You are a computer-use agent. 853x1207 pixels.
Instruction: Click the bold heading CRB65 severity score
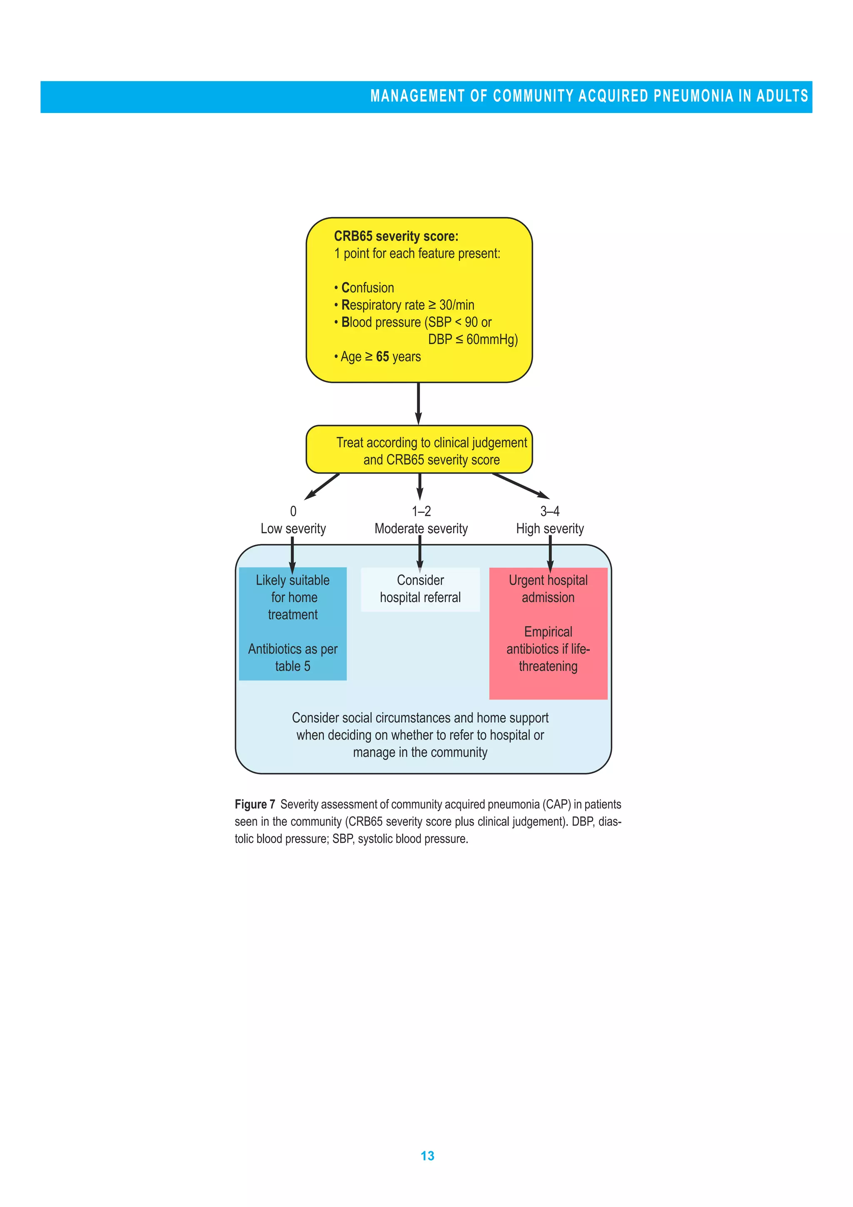coord(396,237)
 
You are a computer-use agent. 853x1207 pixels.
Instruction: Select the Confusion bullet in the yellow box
coord(367,287)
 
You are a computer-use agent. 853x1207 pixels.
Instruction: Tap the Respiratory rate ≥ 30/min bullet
coord(407,305)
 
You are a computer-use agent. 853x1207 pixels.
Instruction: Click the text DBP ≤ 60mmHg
coord(472,340)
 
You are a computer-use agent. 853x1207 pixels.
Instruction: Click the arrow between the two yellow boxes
coord(418,403)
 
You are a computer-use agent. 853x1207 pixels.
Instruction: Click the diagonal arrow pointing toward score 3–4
coord(520,486)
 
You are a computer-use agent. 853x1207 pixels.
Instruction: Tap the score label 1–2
coord(421,511)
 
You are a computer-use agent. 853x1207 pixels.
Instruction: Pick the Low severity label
coord(293,528)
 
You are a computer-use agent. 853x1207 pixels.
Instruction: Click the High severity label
coord(549,528)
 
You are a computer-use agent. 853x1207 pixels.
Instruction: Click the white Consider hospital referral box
coord(420,589)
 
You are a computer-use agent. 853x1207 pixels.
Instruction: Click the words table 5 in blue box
coord(293,666)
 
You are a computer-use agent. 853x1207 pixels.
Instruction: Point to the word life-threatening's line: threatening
coord(548,667)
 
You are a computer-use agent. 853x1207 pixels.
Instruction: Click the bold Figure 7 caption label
coord(255,804)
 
